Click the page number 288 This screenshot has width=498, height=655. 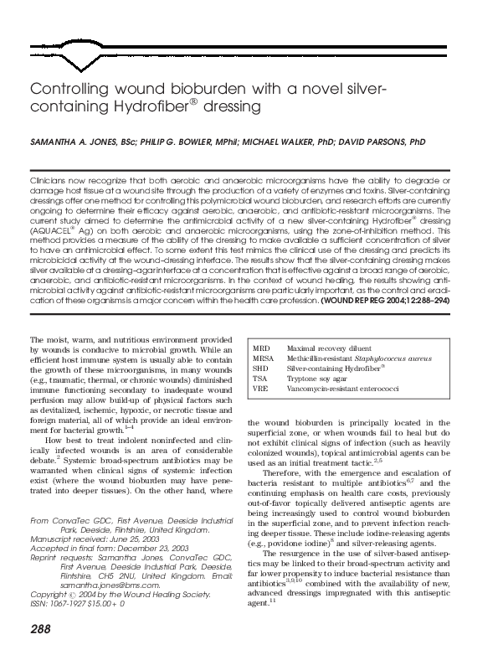coord(40,629)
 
